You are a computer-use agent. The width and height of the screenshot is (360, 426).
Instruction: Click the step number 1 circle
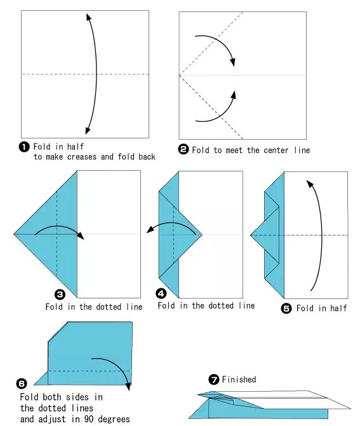tap(24, 147)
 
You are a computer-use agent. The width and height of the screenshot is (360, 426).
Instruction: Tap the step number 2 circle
tap(183, 149)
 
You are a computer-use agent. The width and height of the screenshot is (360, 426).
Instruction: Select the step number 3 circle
tap(60, 294)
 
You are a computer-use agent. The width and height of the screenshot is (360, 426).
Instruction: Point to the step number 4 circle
tap(161, 293)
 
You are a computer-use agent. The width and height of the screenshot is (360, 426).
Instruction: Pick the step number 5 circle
tap(286, 309)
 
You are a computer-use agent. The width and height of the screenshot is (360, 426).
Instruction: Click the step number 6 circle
tap(22, 383)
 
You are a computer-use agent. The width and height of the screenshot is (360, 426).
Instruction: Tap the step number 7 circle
tap(214, 379)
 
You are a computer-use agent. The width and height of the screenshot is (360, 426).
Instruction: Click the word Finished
tap(239, 379)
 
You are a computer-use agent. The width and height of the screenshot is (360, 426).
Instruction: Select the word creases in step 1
tap(82, 157)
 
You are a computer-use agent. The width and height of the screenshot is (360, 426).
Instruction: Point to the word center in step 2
tap(276, 150)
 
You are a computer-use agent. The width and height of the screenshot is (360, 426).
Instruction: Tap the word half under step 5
tap(338, 308)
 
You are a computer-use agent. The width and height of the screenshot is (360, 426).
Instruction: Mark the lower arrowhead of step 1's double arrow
tap(88, 130)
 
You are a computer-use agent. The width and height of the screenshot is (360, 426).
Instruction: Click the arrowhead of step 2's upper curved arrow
tap(232, 62)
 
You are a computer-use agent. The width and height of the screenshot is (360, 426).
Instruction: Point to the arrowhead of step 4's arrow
tap(150, 230)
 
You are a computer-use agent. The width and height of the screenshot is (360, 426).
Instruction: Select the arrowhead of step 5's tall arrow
tap(310, 183)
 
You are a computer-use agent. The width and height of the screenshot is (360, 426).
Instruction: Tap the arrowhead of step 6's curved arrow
tap(128, 387)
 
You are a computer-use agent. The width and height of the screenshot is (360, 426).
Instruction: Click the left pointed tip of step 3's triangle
tap(14, 234)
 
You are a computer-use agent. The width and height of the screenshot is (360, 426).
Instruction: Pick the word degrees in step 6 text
tap(114, 418)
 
